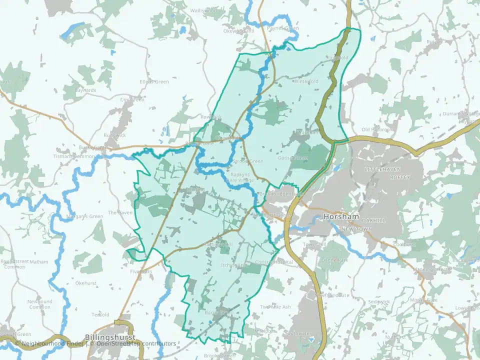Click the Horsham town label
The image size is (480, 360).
pos(342,217)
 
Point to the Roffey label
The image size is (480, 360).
pos(400,177)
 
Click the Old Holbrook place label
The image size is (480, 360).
pos(375,130)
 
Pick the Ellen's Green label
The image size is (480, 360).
pos(154,81)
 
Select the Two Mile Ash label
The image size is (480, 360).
pos(275,306)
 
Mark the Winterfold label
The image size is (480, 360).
pos(306,81)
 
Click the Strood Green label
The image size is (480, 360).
pos(248,161)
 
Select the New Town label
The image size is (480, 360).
pos(355,228)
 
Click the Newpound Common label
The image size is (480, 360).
pos(40,304)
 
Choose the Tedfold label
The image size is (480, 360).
pos(100,314)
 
